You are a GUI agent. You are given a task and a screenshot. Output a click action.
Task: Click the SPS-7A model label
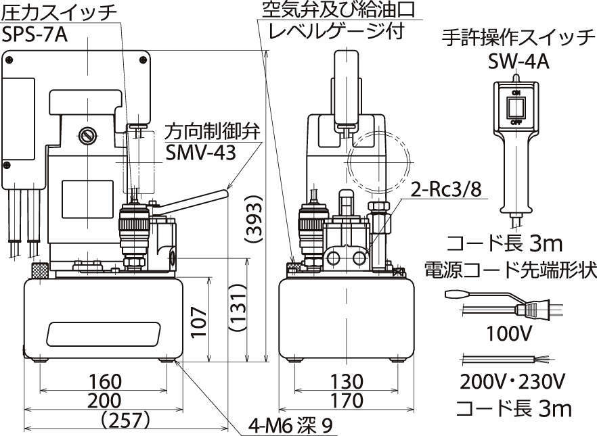[35, 34]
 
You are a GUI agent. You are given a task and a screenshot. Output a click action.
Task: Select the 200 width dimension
[103, 400]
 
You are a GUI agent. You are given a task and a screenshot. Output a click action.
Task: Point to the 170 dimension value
[347, 400]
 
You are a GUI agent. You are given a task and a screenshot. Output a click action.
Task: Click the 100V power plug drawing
[535, 310]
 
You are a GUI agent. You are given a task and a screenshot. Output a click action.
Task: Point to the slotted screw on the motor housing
[87, 135]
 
